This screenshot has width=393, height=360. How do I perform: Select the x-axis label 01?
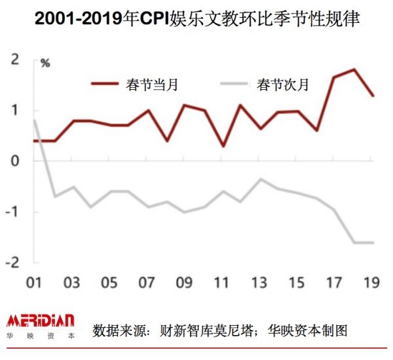[34, 284]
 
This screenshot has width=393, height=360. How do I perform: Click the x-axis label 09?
[185, 284]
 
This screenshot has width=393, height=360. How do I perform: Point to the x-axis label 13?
[260, 284]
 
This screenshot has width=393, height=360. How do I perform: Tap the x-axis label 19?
[373, 284]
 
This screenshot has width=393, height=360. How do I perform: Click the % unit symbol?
[45, 64]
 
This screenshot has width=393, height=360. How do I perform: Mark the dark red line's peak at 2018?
[354, 70]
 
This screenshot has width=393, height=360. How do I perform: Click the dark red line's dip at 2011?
[223, 146]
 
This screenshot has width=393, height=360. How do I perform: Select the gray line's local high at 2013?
[260, 179]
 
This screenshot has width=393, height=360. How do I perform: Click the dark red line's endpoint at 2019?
[373, 96]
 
